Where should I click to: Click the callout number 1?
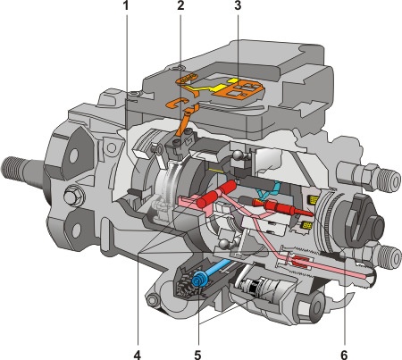[x=126, y=5]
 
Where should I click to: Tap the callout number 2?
[x=180, y=5]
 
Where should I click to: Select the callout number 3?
[x=238, y=5]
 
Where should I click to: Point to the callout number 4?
[x=137, y=355]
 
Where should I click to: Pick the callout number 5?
[x=197, y=355]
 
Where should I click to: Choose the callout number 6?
[x=344, y=355]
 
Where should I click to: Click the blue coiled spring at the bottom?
[x=198, y=280]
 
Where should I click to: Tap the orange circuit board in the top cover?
[x=243, y=88]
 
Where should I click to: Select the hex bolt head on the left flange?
[x=73, y=196]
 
